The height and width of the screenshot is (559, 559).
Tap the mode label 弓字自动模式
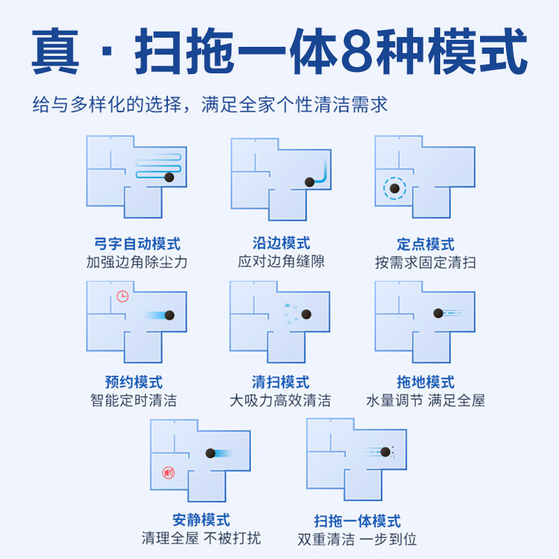point(137,245)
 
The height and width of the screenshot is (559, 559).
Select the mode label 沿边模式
point(281,243)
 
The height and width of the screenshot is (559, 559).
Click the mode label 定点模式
point(425,245)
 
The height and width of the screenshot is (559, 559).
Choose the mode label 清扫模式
point(281,382)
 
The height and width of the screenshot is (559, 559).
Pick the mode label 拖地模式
point(425,382)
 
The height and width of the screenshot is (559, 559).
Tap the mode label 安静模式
point(201,521)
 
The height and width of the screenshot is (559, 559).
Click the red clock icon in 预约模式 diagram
point(123,296)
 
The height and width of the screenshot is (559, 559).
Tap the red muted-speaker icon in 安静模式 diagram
point(168,473)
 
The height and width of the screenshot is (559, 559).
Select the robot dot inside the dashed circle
point(394,189)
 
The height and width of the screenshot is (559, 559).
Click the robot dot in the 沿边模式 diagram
point(310,182)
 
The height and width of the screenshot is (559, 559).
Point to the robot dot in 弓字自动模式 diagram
point(169,177)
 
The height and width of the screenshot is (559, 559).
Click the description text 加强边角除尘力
point(137,263)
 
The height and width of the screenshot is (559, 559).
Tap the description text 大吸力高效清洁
point(281,401)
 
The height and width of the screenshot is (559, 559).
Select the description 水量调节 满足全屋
point(425,401)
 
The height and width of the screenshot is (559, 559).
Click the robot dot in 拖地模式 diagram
point(438,313)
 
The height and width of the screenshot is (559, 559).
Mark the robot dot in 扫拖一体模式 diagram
point(383,452)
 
